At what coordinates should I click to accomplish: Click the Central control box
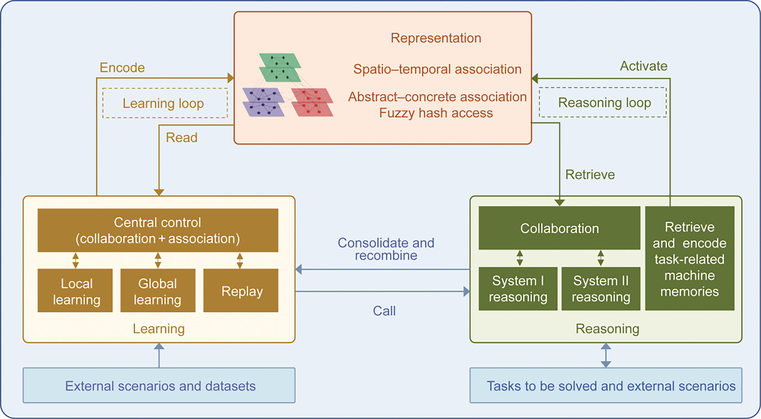[x=158, y=230]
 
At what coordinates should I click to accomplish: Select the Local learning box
[x=75, y=290]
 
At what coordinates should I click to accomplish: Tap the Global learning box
[x=158, y=290]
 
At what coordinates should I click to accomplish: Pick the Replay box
[x=241, y=290]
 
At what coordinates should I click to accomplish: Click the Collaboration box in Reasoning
[x=559, y=228]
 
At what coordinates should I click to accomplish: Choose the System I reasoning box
[x=518, y=288]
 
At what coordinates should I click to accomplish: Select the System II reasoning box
[x=600, y=288]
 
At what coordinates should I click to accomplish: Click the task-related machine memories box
[x=689, y=258]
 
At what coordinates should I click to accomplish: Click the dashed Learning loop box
[x=165, y=103]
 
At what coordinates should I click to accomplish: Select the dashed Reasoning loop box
[x=603, y=102]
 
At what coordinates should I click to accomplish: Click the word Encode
[x=122, y=68]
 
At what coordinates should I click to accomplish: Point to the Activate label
[x=643, y=66]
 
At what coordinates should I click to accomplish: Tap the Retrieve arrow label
[x=590, y=175]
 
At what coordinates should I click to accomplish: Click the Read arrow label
[x=181, y=137]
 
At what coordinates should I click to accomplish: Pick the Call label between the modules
[x=384, y=311]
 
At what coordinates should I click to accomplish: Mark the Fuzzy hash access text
[x=436, y=113]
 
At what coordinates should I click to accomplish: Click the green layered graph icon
[x=280, y=67]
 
